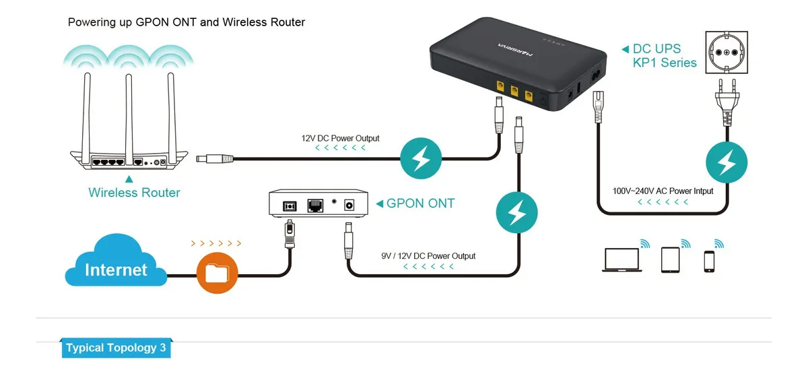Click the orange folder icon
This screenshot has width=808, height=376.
(x=217, y=273)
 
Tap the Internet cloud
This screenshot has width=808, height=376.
(x=116, y=263)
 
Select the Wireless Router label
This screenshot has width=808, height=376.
(x=134, y=193)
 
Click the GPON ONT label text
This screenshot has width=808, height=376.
(x=420, y=203)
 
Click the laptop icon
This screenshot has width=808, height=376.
(x=619, y=261)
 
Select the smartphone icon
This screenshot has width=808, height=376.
(x=709, y=261)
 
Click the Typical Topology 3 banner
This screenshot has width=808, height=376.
(x=115, y=348)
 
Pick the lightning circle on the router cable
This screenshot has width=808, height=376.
(x=421, y=160)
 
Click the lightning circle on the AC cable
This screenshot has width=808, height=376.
(x=726, y=162)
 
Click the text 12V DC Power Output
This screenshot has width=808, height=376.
(x=340, y=138)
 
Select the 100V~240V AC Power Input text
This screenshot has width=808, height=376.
(x=663, y=191)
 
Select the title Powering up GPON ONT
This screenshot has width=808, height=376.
(x=187, y=22)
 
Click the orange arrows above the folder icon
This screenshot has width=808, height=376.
(x=215, y=243)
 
